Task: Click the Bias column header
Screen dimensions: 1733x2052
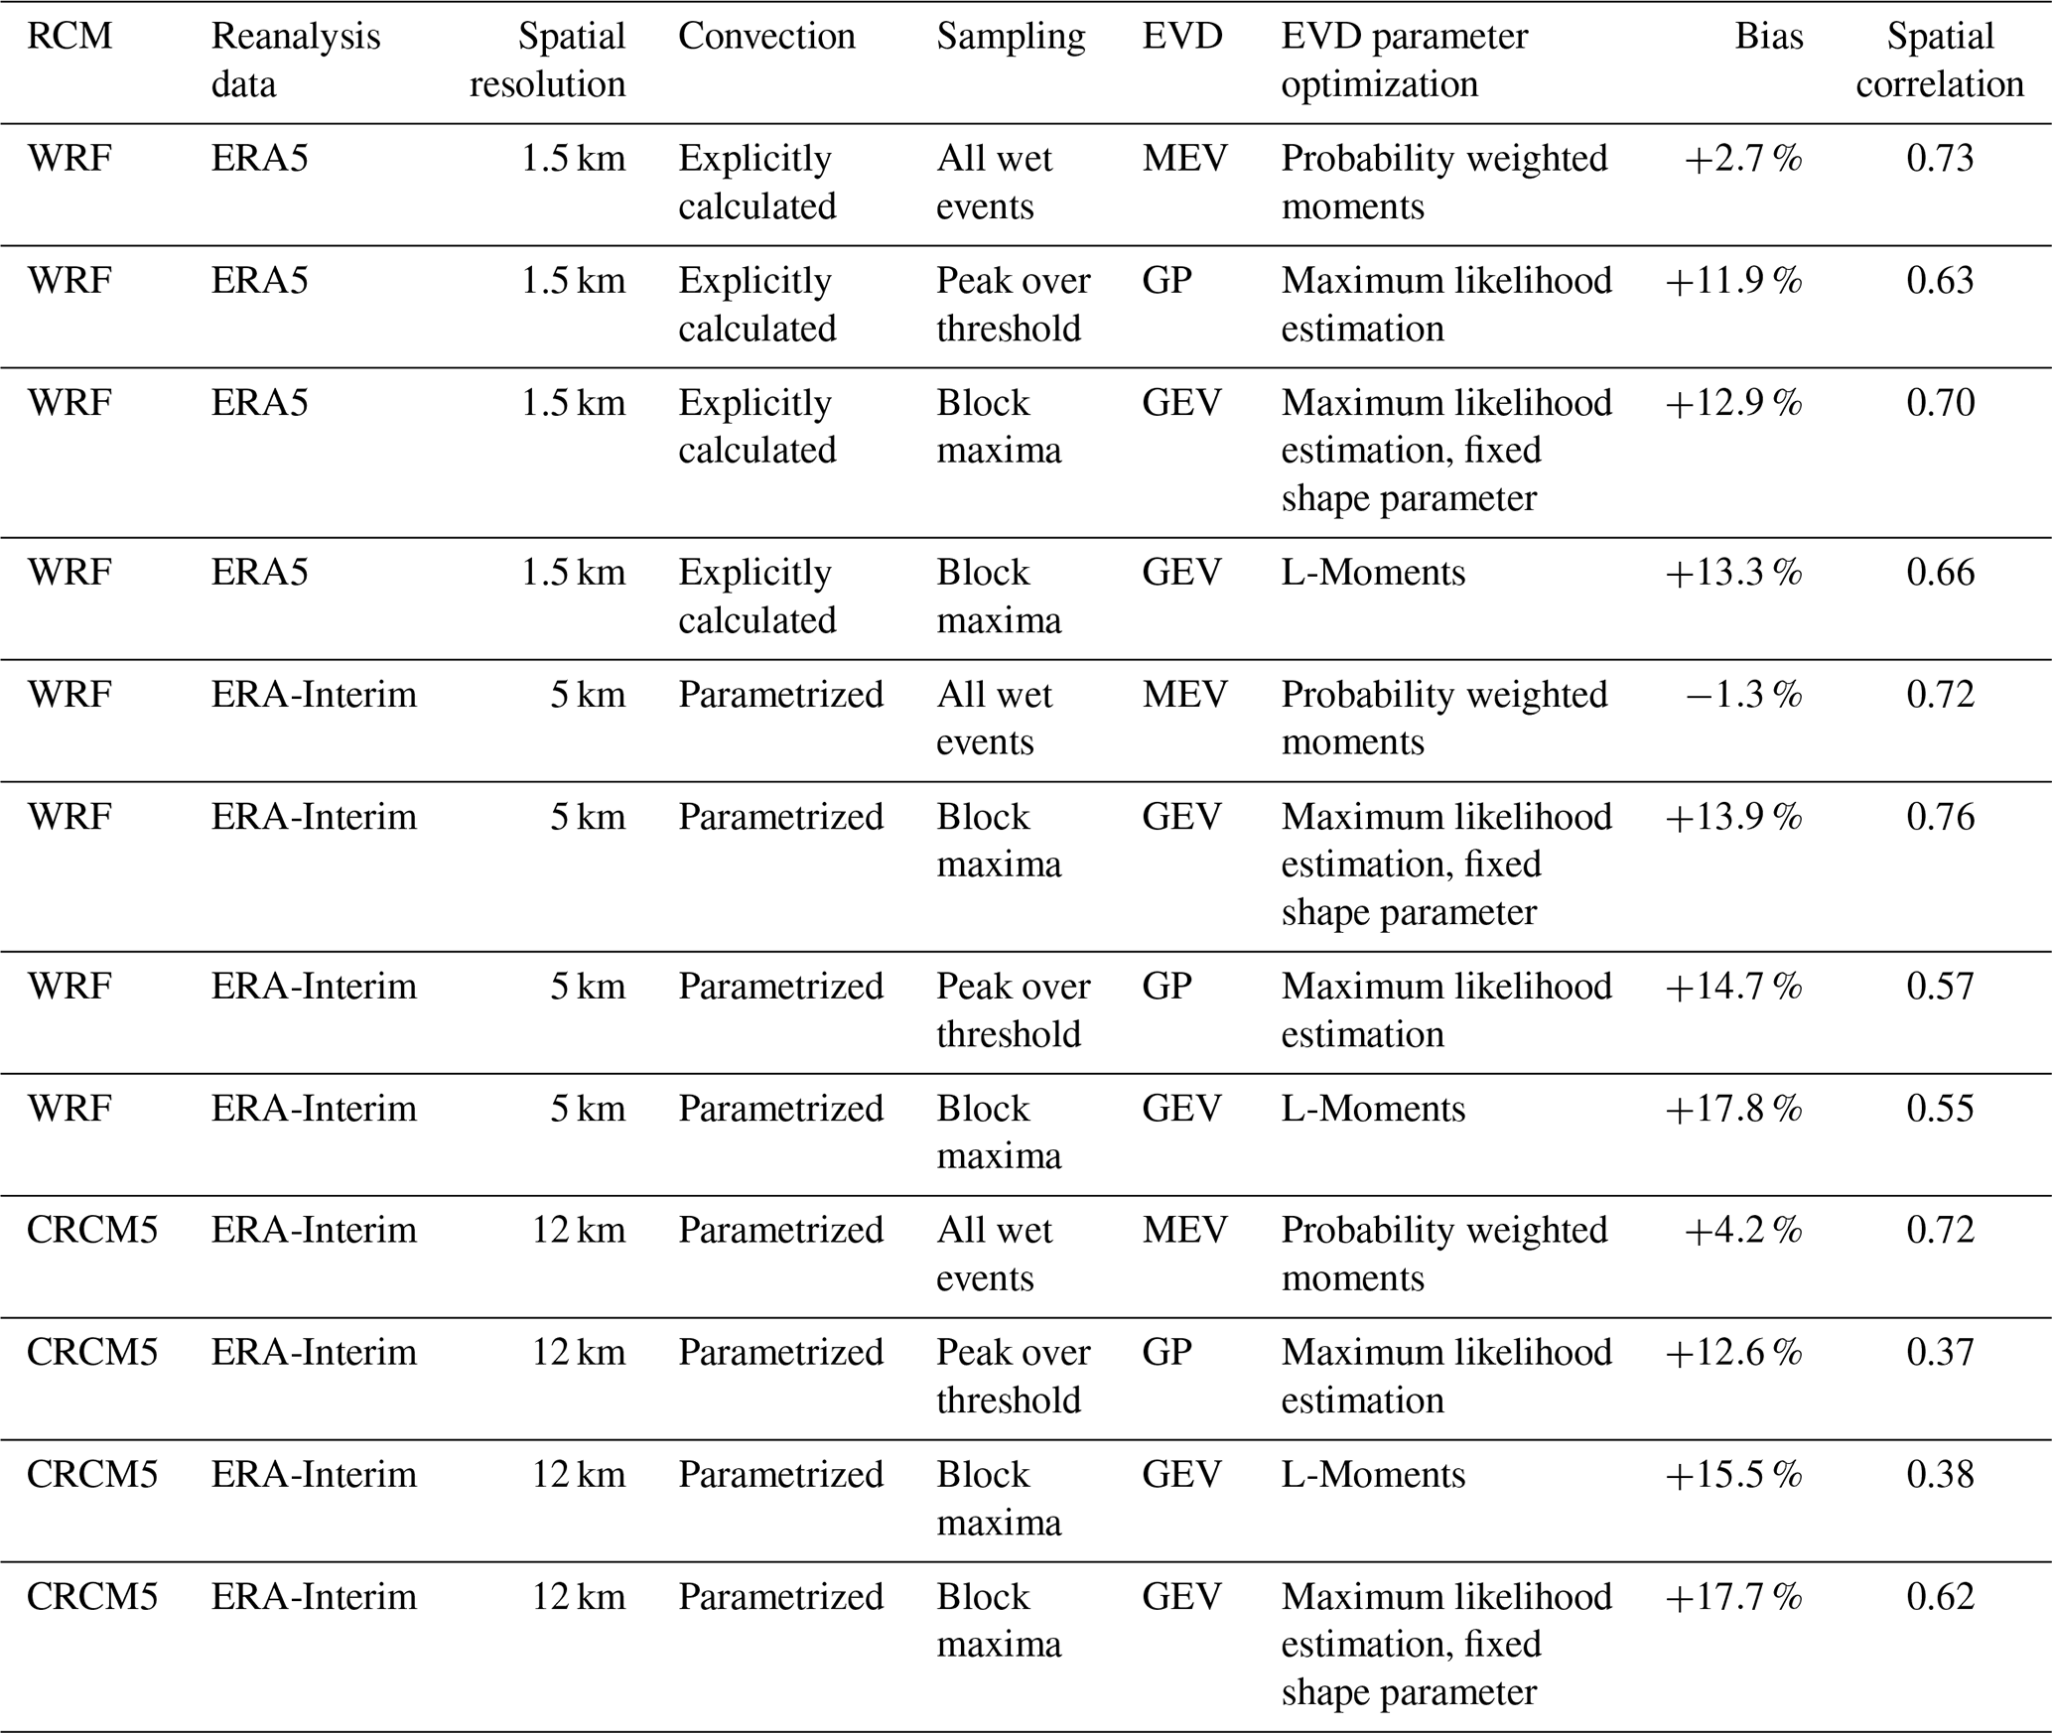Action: [1769, 37]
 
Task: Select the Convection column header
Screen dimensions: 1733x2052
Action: [766, 37]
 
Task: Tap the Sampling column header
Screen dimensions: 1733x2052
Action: [1011, 37]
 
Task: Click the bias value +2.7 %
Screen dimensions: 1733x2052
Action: [1742, 159]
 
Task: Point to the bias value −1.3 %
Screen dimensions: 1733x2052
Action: [1743, 695]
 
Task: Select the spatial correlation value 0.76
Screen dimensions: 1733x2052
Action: [1940, 817]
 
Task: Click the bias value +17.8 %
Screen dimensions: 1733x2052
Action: [1733, 1109]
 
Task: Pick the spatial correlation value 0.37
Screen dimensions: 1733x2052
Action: [1940, 1353]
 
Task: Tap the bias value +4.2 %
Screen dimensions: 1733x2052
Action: [1742, 1231]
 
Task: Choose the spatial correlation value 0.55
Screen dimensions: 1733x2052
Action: [1940, 1109]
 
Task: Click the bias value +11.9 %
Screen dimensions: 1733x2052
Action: [1733, 281]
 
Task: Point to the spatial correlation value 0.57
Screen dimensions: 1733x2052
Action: [1940, 987]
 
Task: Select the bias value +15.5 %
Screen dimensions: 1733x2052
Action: [1733, 1475]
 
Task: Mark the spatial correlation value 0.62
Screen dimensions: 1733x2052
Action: [1940, 1597]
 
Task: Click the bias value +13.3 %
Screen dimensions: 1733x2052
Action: [1733, 573]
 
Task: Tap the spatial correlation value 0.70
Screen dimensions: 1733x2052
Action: [1940, 403]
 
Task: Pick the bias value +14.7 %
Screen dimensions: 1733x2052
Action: [1733, 987]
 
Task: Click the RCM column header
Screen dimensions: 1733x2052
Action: [69, 37]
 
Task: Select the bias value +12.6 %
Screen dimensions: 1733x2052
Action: [1733, 1353]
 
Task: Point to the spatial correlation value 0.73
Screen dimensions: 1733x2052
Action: [1940, 159]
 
